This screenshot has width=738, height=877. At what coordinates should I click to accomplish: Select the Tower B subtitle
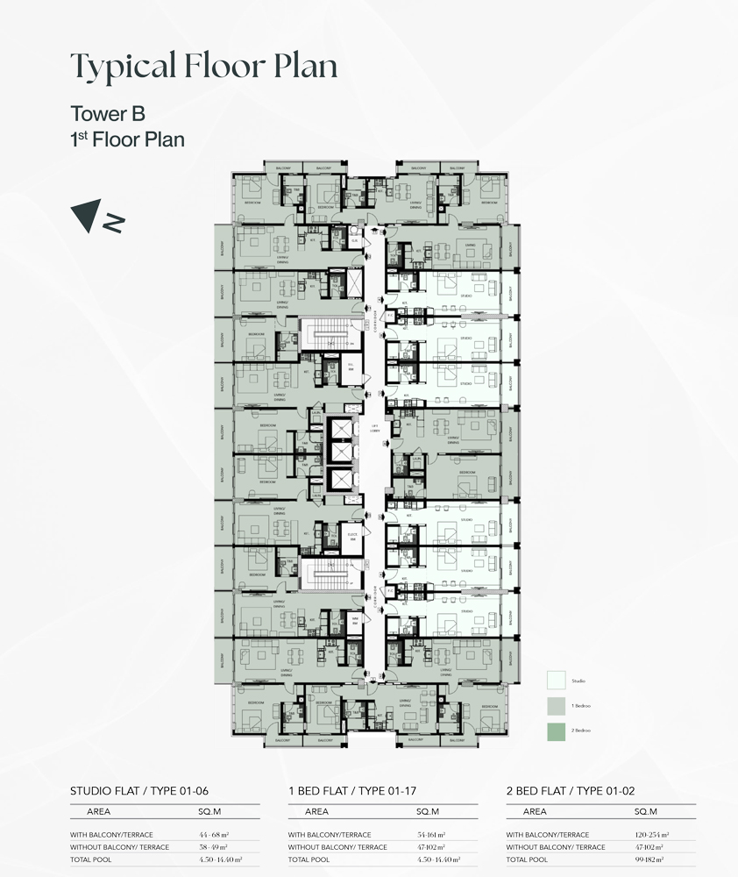[107, 114]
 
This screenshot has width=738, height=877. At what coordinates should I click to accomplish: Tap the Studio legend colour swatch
[555, 680]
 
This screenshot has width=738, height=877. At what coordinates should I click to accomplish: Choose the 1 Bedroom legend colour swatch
[555, 704]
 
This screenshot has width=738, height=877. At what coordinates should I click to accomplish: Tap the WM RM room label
[355, 620]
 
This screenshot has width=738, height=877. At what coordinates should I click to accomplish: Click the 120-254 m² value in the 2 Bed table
[649, 835]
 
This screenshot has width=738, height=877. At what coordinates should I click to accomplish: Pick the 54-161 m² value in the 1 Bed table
[429, 835]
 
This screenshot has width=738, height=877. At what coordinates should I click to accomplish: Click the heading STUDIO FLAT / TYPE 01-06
[138, 791]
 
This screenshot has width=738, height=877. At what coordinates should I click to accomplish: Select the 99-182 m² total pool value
[649, 859]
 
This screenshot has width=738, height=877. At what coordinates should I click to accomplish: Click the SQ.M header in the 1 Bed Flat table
[428, 812]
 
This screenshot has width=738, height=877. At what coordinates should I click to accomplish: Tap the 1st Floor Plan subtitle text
[127, 139]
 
